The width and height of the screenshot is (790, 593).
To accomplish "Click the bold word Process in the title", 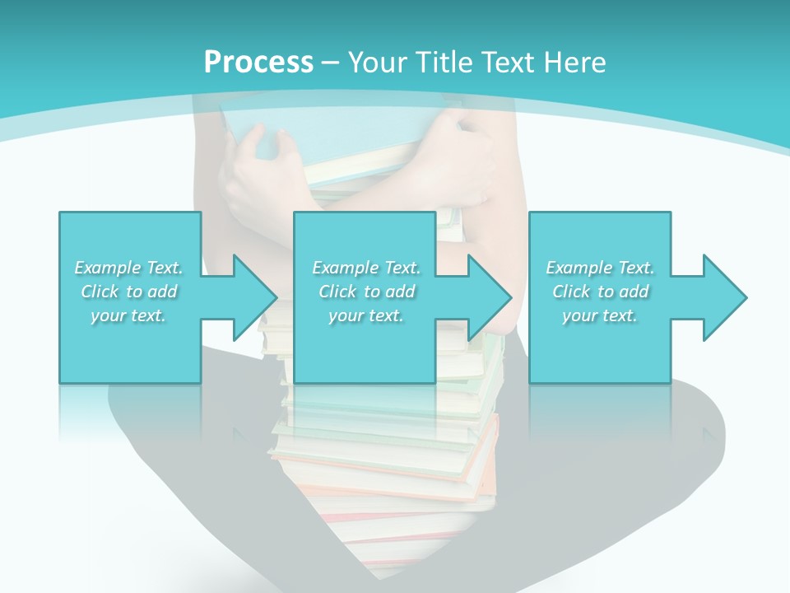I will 258,62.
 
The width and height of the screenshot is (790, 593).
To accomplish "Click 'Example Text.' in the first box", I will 128,268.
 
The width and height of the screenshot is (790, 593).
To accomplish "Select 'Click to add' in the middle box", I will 367,292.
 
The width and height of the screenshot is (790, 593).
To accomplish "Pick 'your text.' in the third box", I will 599,315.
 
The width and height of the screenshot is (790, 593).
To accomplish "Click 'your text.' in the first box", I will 128,315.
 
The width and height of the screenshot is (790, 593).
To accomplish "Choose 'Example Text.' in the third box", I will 600,268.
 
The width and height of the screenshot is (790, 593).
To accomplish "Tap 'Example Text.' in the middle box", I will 366,268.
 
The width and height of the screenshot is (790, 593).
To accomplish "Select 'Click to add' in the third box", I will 601,292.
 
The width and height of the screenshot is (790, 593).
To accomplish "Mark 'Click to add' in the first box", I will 129,292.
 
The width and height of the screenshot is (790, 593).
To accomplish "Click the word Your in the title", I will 377,62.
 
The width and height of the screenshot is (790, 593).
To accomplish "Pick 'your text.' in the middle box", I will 365,315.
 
